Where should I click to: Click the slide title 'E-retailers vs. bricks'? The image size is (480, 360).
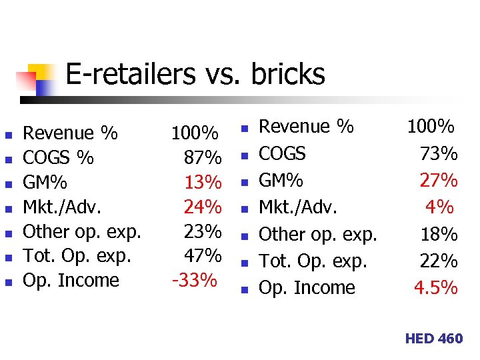coord(195,75)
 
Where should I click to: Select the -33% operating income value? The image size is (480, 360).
coord(195,281)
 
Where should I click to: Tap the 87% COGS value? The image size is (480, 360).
coord(203,158)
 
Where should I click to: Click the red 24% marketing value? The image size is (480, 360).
coord(203,207)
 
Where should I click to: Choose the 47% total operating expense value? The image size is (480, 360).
coord(203,256)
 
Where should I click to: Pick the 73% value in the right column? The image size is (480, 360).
coord(439,154)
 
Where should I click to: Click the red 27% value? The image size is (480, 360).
coord(439,181)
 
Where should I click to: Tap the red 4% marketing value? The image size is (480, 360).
coord(439,207)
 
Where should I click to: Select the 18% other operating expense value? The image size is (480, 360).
coord(439,235)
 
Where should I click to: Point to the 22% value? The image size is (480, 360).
coord(439,261)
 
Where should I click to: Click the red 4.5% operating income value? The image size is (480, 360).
coord(436,288)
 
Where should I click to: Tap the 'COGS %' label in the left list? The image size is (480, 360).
coord(59,158)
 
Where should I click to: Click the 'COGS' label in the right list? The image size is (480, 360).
coord(282,154)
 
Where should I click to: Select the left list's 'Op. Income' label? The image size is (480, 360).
coord(71,281)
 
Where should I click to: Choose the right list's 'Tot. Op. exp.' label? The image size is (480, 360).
coord(313,261)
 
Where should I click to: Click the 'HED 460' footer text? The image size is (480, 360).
coord(433,339)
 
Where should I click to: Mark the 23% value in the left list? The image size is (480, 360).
coord(203,231)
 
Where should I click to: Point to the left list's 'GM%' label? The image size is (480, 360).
coord(45,183)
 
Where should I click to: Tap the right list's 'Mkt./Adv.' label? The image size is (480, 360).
coord(297,207)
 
